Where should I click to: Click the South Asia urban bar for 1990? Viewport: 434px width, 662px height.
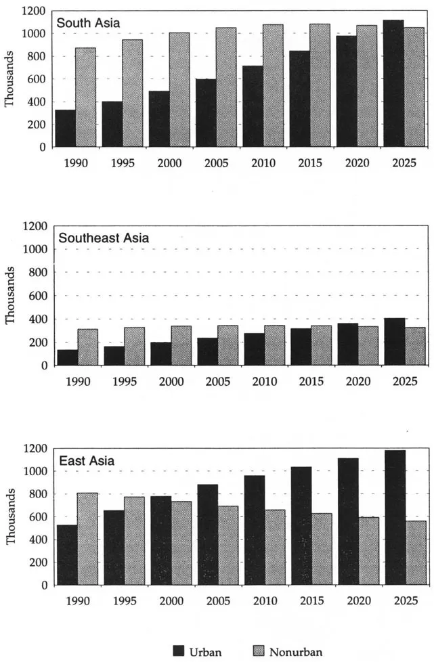tap(66, 129)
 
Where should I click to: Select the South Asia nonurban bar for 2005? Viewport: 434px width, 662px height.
tap(226, 87)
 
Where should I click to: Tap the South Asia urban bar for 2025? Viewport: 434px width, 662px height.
tap(393, 83)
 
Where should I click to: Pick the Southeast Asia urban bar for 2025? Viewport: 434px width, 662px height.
tap(393, 342)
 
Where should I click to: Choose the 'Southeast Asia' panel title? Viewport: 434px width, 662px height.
tap(104, 238)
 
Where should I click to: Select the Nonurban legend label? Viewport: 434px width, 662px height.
tap(295, 652)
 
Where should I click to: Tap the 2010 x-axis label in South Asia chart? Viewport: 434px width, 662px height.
tap(263, 163)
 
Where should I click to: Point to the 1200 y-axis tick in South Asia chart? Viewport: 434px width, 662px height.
tap(34, 12)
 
